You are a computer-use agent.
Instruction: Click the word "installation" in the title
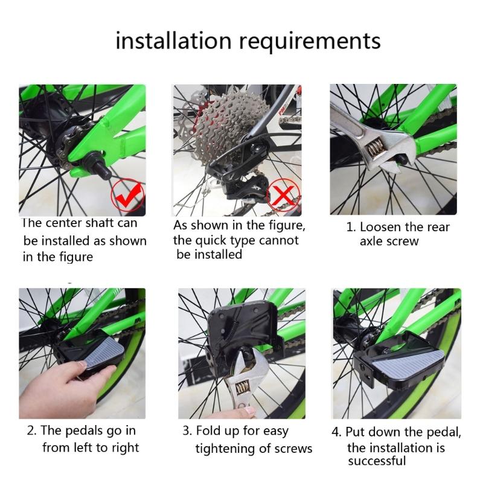click(x=173, y=40)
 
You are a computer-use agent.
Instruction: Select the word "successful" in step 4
click(x=377, y=461)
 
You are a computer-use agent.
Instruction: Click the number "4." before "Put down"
click(x=337, y=432)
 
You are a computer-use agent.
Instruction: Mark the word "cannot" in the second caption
click(x=279, y=240)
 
